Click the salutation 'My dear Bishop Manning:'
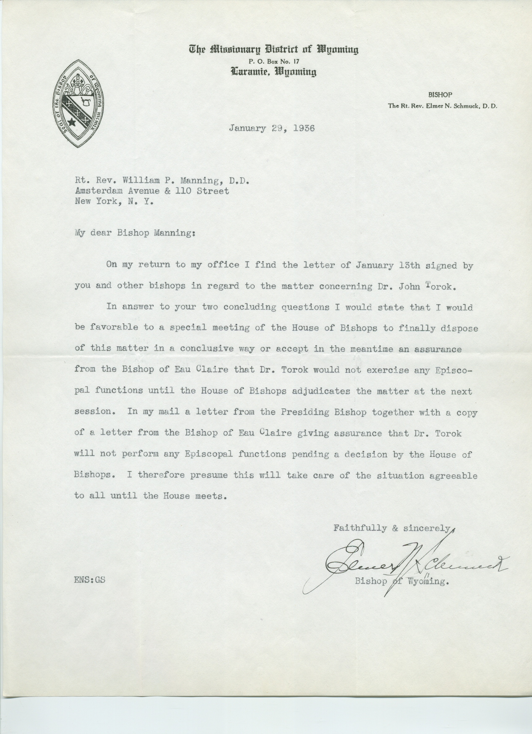click(x=135, y=233)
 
